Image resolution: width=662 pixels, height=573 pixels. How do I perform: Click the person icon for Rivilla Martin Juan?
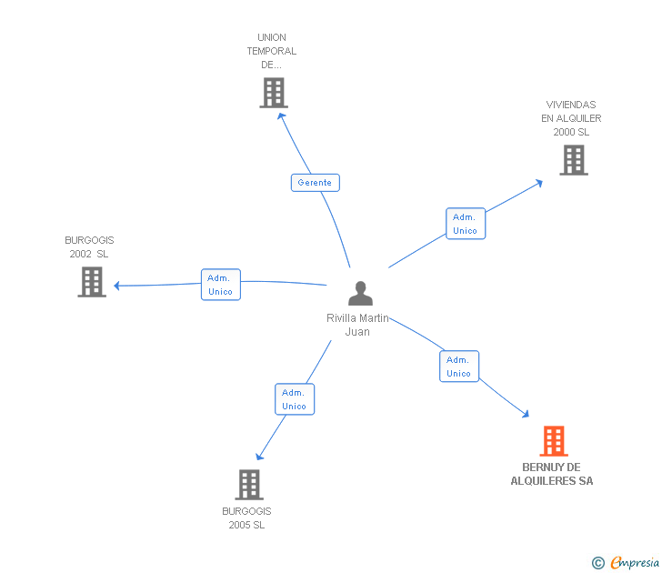(360, 294)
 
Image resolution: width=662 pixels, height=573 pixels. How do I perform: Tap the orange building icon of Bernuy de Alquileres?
(554, 441)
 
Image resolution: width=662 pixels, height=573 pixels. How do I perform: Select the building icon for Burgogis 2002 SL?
(92, 282)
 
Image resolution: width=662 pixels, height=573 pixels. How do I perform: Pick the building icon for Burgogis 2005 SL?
(249, 485)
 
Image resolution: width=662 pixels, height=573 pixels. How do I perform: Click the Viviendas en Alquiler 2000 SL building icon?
(573, 160)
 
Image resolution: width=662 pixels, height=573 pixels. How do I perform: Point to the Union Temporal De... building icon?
(273, 93)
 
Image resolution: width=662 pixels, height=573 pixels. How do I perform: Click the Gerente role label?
(315, 183)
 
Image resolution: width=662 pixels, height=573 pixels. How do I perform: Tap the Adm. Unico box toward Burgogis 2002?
(220, 285)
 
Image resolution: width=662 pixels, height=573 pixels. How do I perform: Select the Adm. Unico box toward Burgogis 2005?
(294, 399)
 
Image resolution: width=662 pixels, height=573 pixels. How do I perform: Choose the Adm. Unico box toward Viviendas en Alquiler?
(465, 224)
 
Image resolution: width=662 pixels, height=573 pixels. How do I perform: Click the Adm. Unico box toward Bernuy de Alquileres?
(458, 367)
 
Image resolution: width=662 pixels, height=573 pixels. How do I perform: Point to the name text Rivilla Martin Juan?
(357, 325)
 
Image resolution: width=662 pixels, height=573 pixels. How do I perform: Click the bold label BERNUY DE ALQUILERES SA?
(552, 474)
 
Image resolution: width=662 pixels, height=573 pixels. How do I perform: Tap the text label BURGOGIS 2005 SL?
(246, 518)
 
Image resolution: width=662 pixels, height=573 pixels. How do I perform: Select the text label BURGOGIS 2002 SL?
(88, 247)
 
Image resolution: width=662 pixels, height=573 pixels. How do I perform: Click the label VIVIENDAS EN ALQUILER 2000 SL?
(571, 118)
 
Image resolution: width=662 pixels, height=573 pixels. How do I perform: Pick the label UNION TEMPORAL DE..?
(272, 51)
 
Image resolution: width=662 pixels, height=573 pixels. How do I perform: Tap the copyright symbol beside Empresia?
(597, 564)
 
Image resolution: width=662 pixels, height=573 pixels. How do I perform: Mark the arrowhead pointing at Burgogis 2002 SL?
(117, 286)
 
